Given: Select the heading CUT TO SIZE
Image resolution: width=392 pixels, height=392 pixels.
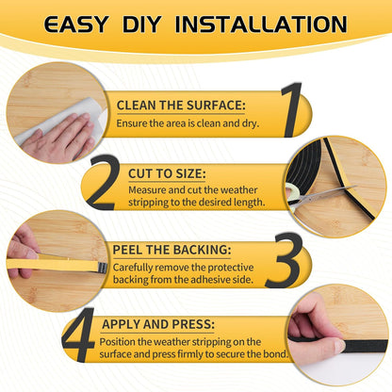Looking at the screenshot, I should (x=166, y=173).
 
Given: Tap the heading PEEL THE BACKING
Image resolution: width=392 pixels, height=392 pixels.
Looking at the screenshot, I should (x=171, y=250).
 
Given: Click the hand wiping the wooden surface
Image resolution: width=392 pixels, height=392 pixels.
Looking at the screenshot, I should (x=61, y=137).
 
